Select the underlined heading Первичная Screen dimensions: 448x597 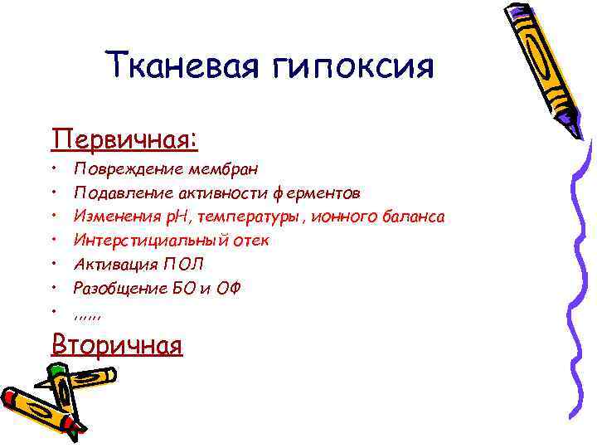point(124,137)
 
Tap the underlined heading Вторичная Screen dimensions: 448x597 point(116,343)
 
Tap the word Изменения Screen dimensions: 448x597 point(110,217)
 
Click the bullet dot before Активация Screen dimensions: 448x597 point(52,265)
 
